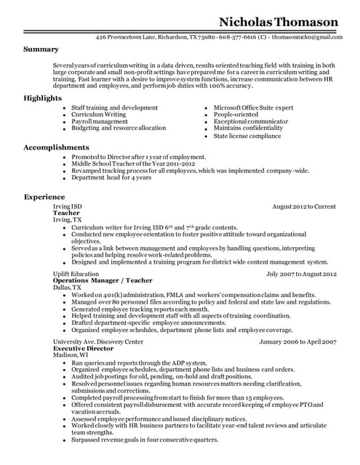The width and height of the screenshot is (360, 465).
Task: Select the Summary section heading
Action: tap(41, 49)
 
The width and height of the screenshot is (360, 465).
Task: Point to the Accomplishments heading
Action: tap(56, 147)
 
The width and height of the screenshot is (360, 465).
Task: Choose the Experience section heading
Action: tap(44, 197)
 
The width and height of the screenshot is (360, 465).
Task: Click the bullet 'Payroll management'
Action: tap(99, 121)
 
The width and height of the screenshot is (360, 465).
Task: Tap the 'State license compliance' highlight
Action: tap(247, 136)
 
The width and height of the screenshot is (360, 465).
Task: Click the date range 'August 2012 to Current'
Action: tap(303, 207)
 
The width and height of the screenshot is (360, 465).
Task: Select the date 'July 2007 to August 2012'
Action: tap(301, 274)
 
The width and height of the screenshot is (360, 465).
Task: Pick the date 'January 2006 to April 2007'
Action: tap(297, 341)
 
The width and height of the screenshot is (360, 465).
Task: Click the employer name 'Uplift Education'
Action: tap(76, 274)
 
